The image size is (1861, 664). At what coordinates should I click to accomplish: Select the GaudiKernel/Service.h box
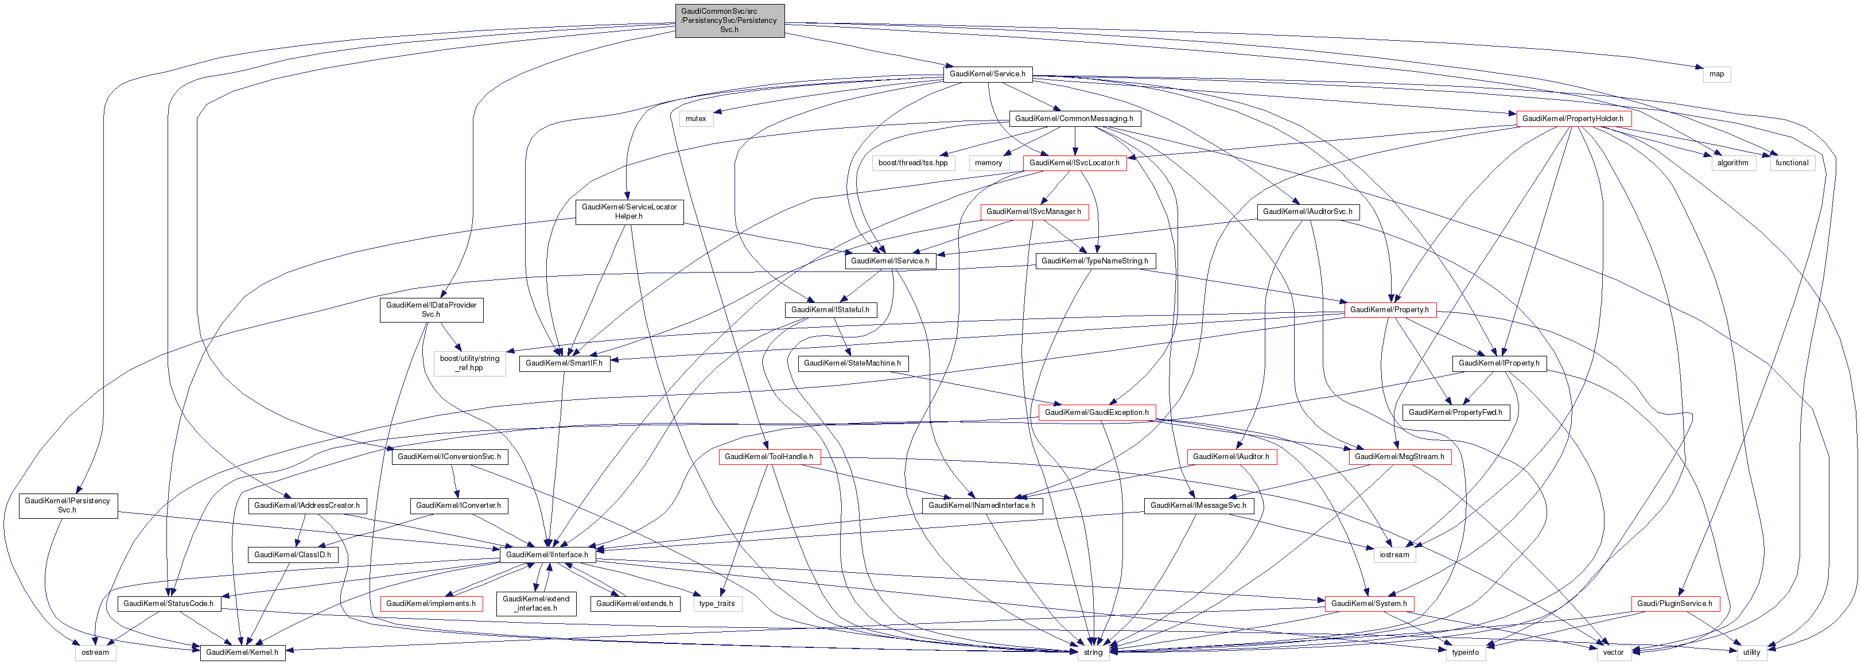[987, 73]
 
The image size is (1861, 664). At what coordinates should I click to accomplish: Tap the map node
[1716, 73]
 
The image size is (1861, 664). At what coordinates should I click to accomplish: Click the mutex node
[696, 118]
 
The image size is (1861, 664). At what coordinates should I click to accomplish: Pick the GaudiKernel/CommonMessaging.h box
[1074, 118]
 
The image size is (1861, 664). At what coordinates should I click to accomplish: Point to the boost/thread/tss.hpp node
[912, 162]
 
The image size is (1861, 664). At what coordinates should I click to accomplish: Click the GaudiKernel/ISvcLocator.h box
[1074, 162]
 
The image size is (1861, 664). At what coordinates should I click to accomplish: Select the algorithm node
[1732, 162]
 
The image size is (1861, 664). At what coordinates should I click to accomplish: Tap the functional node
[1792, 162]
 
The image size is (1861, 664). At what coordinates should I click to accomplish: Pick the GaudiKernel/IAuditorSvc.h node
[1308, 212]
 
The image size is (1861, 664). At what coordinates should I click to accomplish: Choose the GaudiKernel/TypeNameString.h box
[1094, 261]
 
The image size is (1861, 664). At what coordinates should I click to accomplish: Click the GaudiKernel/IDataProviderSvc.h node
[432, 309]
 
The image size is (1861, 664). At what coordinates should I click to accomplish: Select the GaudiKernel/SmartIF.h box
[564, 363]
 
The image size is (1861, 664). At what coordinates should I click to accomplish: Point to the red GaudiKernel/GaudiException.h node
[1096, 412]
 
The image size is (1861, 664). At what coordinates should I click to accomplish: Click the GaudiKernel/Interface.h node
[546, 555]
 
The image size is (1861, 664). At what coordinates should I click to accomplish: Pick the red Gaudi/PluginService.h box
[1674, 603]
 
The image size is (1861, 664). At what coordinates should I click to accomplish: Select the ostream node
[95, 653]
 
